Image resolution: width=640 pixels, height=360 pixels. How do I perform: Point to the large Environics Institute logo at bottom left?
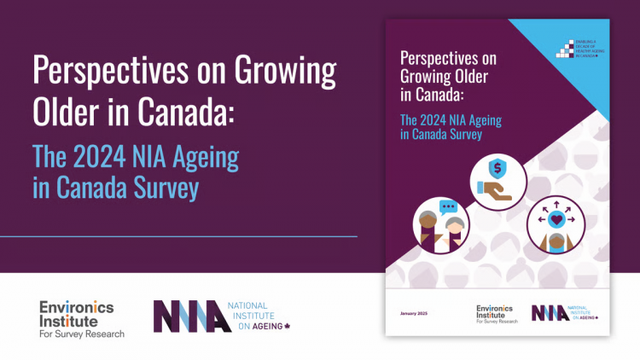[x=82, y=319]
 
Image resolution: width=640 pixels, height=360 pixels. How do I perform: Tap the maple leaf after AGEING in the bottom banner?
[x=287, y=327]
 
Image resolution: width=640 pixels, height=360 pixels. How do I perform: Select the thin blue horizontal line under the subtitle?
[x=178, y=235]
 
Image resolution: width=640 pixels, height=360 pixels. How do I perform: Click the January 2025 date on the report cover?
[x=415, y=313]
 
